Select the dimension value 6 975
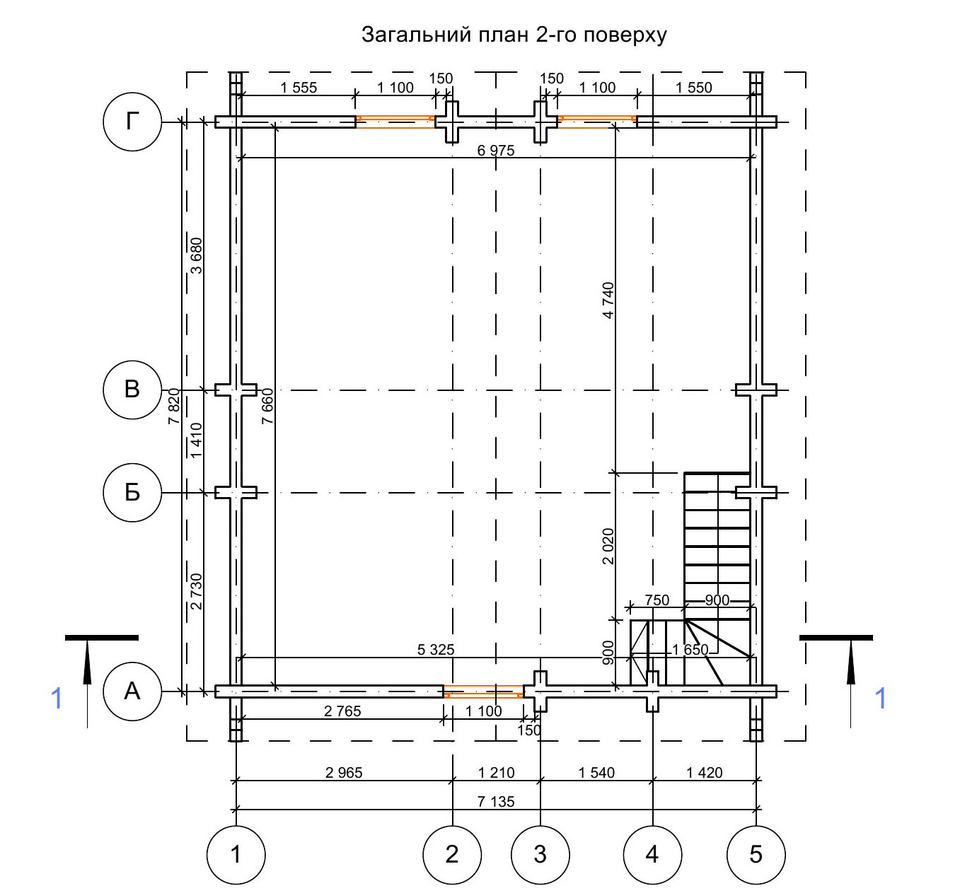[496, 151]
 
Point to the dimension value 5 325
[436, 650]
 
